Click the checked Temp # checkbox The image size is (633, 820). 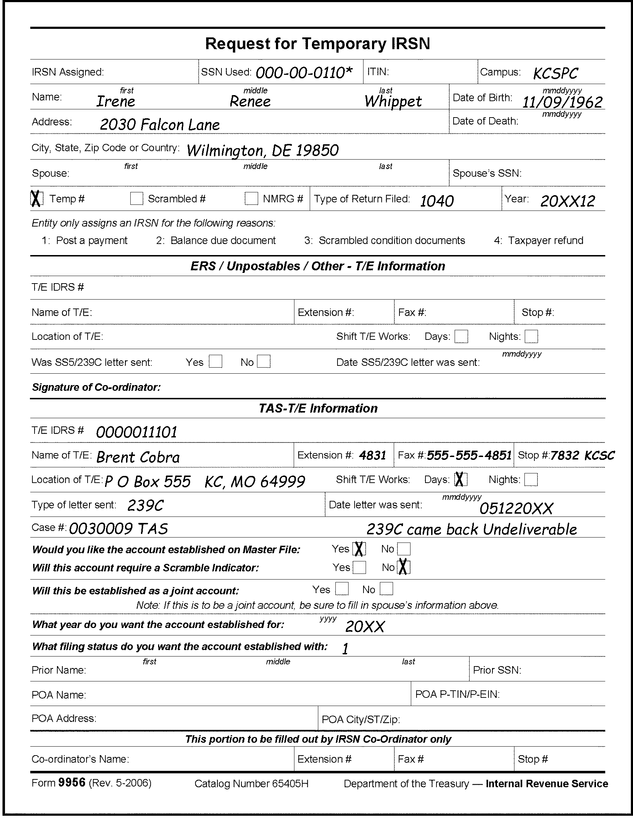point(36,198)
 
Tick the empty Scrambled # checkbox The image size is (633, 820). point(137,198)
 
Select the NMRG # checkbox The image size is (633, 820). point(251,198)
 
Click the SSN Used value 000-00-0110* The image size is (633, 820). point(304,72)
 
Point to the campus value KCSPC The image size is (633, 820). point(555,74)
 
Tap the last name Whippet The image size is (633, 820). point(393,102)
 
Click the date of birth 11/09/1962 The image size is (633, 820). point(562,102)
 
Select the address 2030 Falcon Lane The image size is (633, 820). point(159,125)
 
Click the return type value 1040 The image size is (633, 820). point(437,202)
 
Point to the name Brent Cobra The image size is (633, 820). point(138,457)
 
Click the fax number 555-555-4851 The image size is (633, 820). point(469,456)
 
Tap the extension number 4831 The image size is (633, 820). point(373,456)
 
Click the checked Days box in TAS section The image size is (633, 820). point(461,479)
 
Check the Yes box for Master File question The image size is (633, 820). point(359,549)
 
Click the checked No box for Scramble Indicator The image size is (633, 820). point(403,567)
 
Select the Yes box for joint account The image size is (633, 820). point(341,589)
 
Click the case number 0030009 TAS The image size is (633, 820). point(119,529)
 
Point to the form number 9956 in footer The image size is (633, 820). point(72,783)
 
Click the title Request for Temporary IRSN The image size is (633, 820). point(318,44)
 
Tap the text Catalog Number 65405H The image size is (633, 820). point(251,784)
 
